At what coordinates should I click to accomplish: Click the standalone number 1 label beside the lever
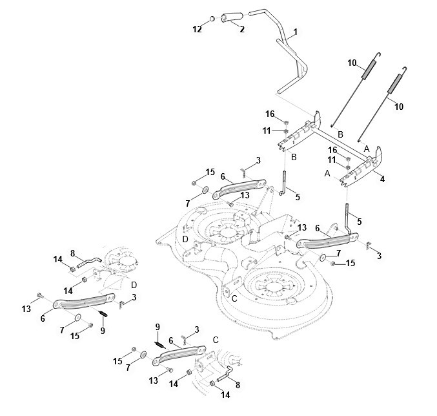296,32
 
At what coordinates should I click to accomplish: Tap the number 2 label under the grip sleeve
242,29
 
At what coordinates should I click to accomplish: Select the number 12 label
197,29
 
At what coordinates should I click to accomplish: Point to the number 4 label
382,179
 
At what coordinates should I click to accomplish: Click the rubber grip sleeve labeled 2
232,17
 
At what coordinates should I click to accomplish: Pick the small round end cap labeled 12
212,19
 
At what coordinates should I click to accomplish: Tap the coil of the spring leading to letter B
368,70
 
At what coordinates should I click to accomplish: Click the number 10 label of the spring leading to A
399,107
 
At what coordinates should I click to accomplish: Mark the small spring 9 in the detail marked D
103,313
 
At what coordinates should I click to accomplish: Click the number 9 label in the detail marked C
158,327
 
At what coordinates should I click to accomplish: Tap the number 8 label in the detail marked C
238,385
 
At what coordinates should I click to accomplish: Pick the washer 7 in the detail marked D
77,317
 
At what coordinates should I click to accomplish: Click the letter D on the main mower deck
185,239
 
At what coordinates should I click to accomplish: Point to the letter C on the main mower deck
234,298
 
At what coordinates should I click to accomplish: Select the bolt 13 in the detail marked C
170,370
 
